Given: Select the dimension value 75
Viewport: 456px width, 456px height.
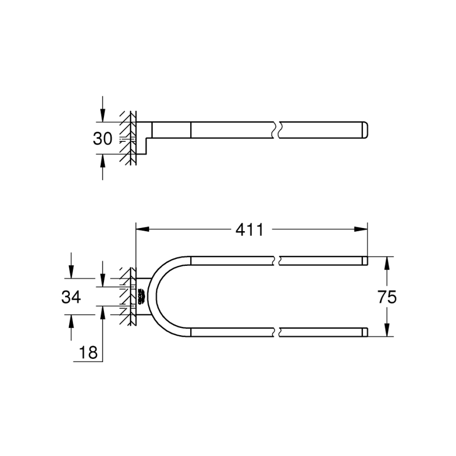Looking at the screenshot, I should pyautogui.click(x=387, y=297).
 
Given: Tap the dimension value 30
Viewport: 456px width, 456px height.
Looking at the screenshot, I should pyautogui.click(x=102, y=139).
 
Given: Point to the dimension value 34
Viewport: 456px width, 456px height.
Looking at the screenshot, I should pyautogui.click(x=71, y=297).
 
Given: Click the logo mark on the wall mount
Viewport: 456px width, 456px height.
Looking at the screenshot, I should pyautogui.click(x=141, y=297).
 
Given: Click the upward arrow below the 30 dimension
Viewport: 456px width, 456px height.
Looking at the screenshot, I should pyautogui.click(x=103, y=160).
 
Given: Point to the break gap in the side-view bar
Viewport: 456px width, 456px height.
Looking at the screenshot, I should pyautogui.click(x=277, y=130).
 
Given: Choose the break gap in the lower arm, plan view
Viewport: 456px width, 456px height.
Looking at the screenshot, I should pyautogui.click(x=277, y=332).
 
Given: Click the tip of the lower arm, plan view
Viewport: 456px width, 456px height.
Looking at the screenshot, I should pyautogui.click(x=365, y=332).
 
